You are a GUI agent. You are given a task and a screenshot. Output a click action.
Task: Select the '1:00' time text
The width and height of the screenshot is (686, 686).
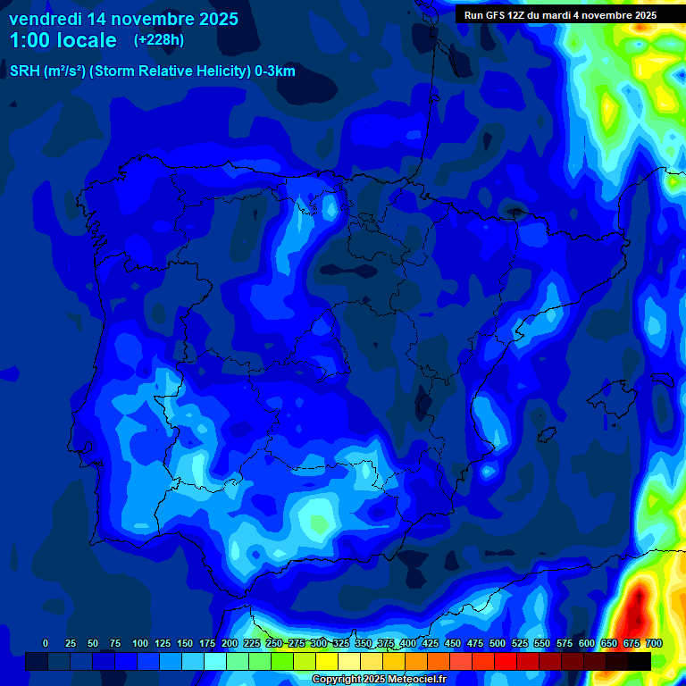tap(29, 40)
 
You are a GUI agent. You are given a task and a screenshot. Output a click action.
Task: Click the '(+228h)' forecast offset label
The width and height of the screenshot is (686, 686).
tap(159, 40)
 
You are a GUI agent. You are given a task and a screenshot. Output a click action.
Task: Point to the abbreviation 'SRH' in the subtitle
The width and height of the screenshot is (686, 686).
tap(25, 71)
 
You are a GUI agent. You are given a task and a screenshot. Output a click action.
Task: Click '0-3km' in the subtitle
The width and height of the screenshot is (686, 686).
tap(274, 71)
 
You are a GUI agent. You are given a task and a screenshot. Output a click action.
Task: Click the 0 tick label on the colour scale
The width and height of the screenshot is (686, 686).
tap(45, 643)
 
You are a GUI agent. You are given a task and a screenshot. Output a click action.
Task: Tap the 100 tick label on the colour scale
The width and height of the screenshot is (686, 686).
tap(140, 643)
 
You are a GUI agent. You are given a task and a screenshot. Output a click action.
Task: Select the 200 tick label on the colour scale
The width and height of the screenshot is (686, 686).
tap(230, 643)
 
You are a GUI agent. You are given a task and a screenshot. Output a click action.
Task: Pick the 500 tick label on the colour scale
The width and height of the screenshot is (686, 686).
tap(498, 643)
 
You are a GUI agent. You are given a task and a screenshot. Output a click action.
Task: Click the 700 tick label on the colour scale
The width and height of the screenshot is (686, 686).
tap(654, 643)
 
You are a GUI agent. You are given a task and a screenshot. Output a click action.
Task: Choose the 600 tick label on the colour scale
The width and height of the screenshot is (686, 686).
tap(587, 643)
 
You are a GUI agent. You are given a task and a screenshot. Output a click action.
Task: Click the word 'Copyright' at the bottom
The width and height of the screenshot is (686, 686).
tap(337, 679)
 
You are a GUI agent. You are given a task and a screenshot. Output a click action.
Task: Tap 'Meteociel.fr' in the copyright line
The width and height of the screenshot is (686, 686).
tap(416, 679)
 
